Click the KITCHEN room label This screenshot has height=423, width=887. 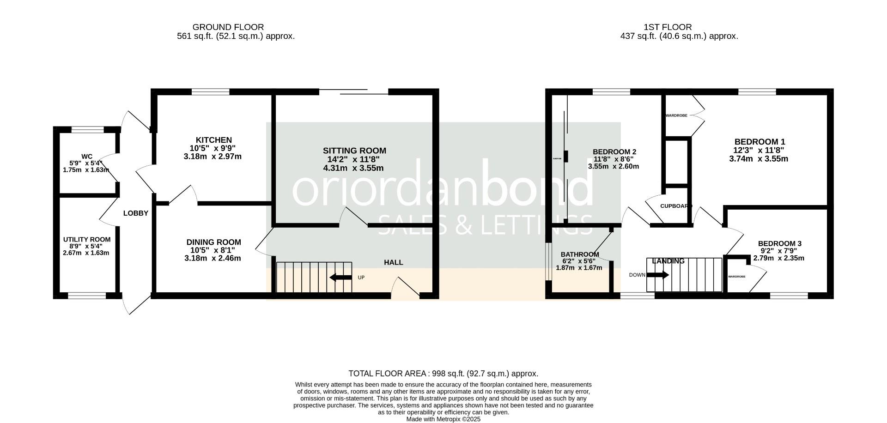point(213,140)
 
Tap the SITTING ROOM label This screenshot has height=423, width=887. point(354,151)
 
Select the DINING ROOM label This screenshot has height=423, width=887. point(213,242)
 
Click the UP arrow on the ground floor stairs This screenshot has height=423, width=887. point(340,278)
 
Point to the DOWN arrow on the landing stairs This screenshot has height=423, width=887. point(657,275)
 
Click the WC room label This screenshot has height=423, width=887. point(86,157)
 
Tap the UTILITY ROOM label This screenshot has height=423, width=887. point(87,239)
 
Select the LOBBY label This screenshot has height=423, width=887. point(135,213)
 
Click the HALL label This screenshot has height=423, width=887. point(393,262)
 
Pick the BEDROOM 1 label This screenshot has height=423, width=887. point(759,142)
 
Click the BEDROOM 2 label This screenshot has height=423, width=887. point(614,151)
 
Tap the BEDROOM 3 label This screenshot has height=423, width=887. point(779,243)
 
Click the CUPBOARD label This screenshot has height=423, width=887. point(676,206)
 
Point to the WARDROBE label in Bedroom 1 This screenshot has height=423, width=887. point(676,115)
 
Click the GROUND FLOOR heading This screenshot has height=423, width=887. point(228,27)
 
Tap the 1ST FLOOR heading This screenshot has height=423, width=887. point(668,27)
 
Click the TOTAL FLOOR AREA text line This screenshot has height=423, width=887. point(443,374)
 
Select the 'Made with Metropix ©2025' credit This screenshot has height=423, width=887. point(443,419)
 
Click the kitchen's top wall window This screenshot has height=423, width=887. point(210,92)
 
